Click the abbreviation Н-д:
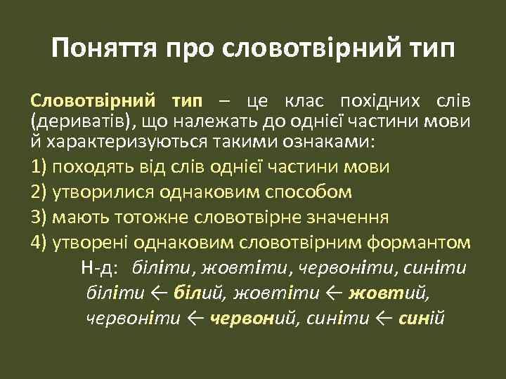click(x=102, y=267)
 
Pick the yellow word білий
click(x=190, y=293)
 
